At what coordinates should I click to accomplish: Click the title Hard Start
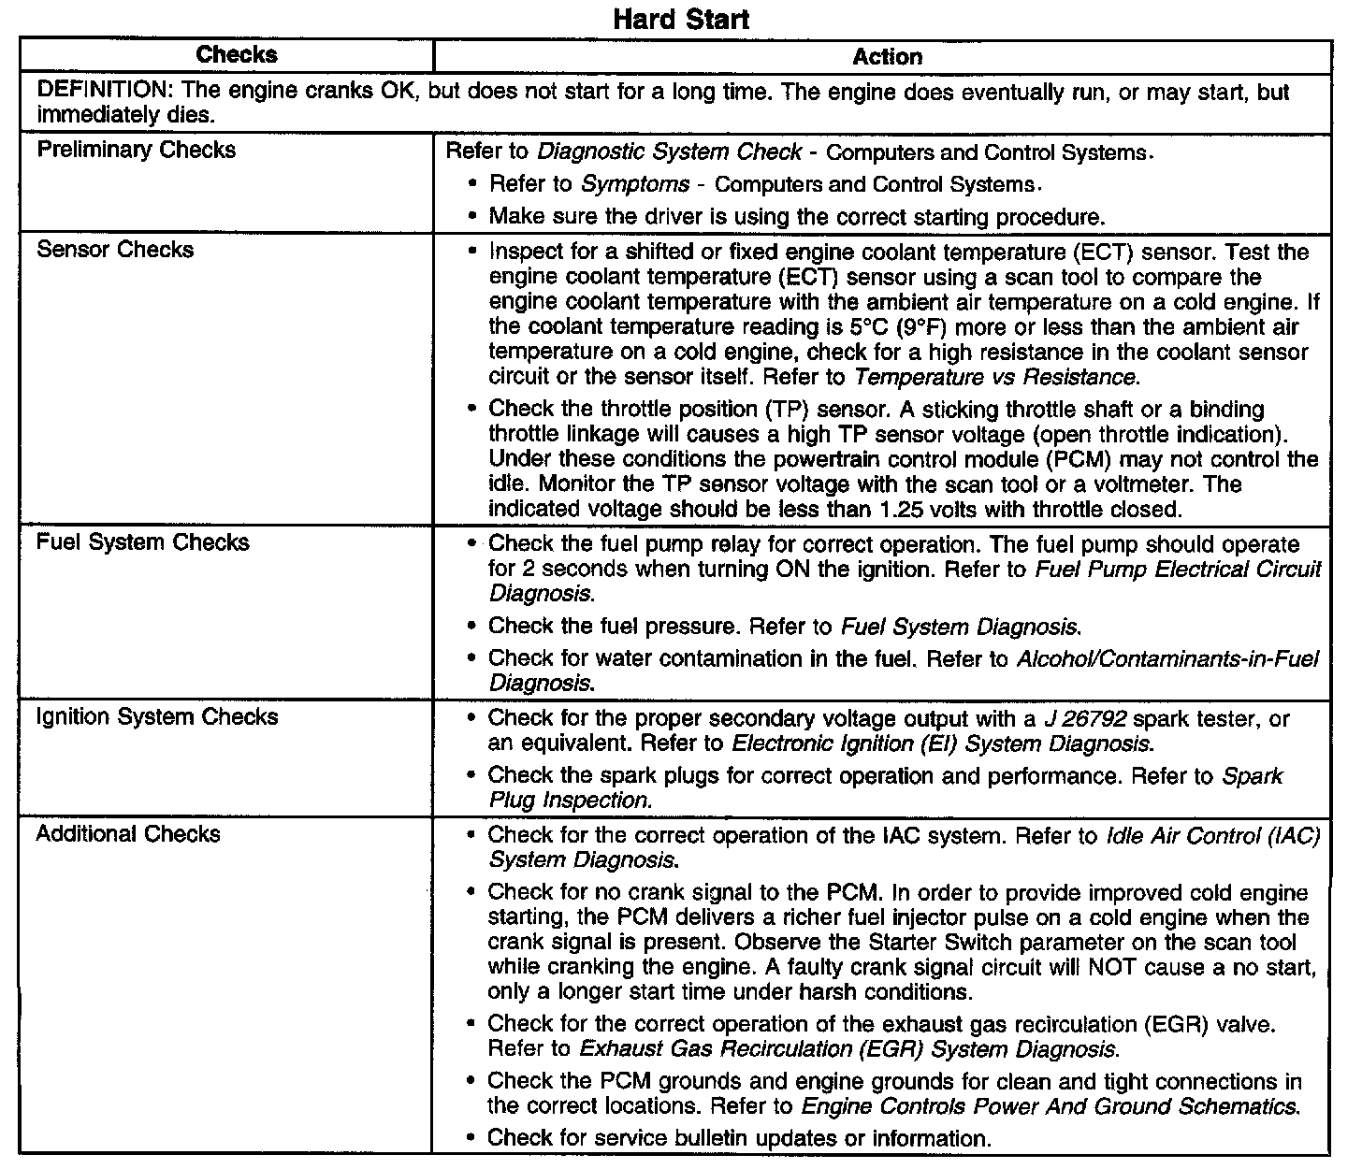[x=681, y=20]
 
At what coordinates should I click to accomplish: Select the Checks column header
[x=237, y=55]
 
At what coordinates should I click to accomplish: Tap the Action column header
[x=887, y=57]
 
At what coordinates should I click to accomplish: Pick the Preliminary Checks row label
[x=136, y=150]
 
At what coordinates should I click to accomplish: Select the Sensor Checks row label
[x=115, y=250]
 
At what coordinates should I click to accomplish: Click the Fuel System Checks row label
[x=142, y=542]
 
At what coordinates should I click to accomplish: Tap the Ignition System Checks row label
[x=157, y=717]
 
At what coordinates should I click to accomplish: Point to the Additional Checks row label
[x=128, y=834]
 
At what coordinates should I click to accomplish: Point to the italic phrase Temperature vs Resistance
[x=996, y=378]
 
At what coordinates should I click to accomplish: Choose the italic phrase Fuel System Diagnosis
[x=962, y=627]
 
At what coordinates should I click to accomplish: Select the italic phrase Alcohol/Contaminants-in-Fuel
[x=1167, y=659]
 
